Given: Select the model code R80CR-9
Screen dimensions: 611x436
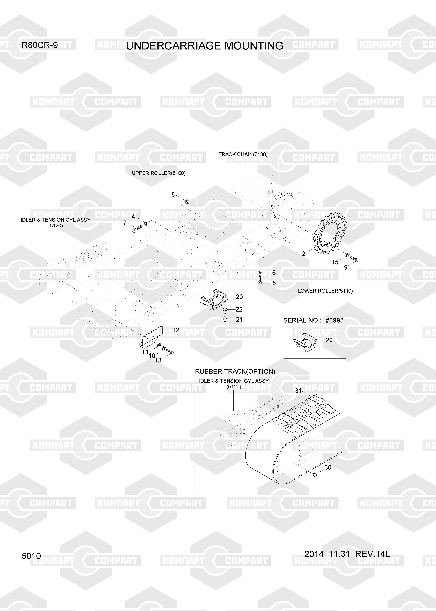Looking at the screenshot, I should [40, 45].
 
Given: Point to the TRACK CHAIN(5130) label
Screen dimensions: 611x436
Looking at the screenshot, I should [243, 154].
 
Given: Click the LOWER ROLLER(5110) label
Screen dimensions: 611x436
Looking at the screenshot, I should [325, 291].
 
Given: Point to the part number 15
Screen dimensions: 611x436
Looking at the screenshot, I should [335, 262].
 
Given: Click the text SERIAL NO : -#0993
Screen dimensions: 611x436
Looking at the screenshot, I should [313, 320].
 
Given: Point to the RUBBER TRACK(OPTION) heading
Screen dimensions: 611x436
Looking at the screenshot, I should [235, 371].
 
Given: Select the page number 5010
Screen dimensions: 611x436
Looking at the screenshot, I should [31, 556].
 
